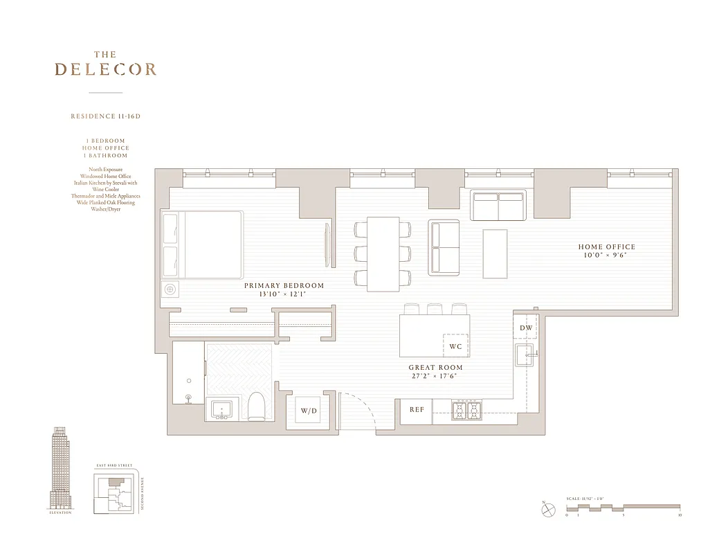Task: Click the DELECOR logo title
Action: coord(105,69)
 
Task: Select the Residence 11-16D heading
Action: coord(105,116)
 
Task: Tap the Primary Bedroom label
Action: coord(284,285)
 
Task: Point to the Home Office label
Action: coord(606,247)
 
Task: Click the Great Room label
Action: coord(435,368)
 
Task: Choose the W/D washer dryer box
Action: coord(309,411)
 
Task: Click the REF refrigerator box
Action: coord(417,410)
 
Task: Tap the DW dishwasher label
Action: coord(526,328)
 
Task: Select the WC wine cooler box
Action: coord(455,346)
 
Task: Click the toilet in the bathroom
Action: coord(256,407)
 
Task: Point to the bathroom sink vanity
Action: coord(222,410)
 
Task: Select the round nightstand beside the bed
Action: coord(170,289)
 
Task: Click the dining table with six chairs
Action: coord(383,253)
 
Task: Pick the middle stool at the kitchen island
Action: coord(435,309)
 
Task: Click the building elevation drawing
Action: coord(61,468)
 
